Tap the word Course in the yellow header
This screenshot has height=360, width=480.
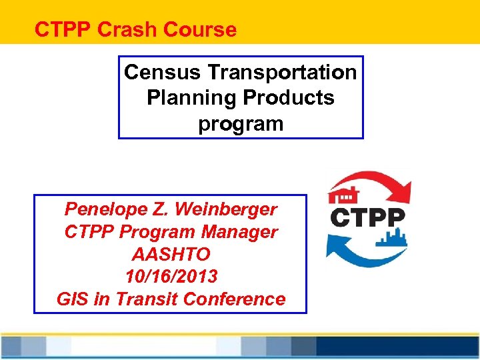click(208, 30)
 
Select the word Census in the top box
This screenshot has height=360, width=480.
click(157, 71)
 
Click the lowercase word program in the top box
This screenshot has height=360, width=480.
click(241, 124)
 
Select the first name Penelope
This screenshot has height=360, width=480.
click(103, 209)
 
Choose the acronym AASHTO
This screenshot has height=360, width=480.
click(171, 254)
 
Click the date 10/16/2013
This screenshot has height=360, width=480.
click(171, 277)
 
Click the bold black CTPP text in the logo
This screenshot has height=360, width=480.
click(367, 218)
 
